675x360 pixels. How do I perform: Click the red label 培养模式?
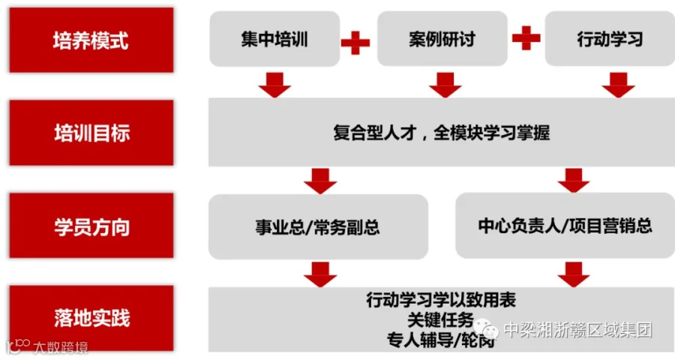[x=91, y=40]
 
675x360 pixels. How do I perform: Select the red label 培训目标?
[x=91, y=133]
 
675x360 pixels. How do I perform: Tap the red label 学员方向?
[x=91, y=226]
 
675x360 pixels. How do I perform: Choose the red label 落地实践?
[x=91, y=318]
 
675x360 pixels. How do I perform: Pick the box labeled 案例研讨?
[x=442, y=39]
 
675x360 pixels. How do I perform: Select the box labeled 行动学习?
[x=610, y=39]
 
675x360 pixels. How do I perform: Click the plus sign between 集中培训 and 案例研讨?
[x=355, y=42]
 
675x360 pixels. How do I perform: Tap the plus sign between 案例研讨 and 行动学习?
[x=526, y=37]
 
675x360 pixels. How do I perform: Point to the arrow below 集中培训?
[x=274, y=85]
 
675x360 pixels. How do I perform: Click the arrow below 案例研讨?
[x=445, y=85]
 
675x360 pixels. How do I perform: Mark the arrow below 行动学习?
[x=618, y=85]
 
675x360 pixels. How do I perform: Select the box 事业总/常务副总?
[x=318, y=227]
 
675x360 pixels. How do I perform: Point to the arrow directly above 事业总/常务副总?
[x=320, y=180]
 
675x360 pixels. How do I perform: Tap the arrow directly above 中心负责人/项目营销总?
[x=574, y=180]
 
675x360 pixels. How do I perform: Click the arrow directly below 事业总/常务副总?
[x=320, y=274]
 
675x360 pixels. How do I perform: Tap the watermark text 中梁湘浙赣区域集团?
[x=577, y=329]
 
